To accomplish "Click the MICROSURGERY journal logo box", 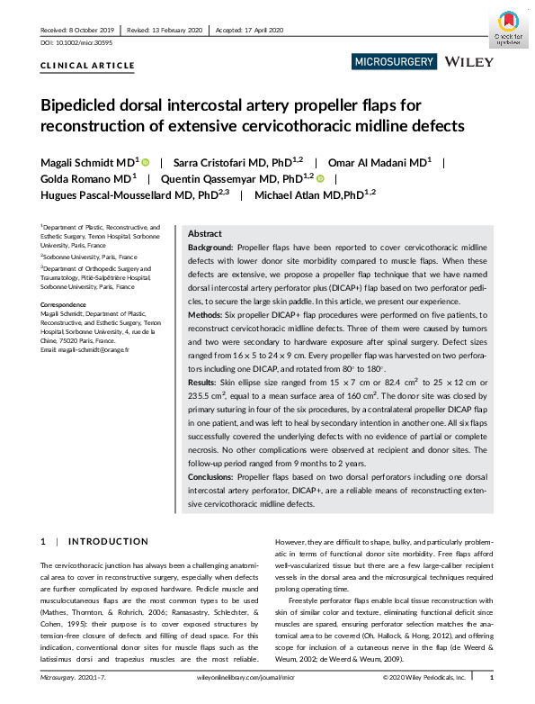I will point(393,62).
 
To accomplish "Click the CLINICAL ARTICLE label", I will point(88,66).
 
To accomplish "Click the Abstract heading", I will point(205,231).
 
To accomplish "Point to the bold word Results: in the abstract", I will point(206,383).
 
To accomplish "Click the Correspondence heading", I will point(67,305).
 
